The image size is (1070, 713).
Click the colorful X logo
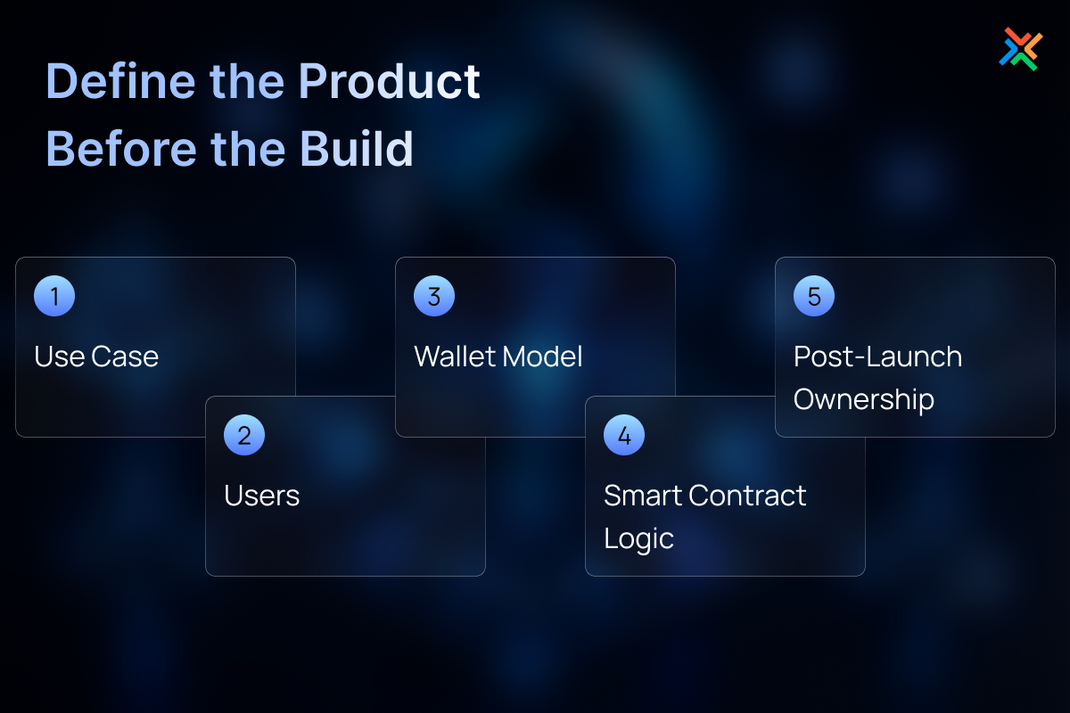coord(1021,49)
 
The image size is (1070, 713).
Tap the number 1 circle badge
coord(54,296)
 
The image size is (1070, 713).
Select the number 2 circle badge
coord(244,435)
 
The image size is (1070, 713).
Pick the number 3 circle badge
coord(434,296)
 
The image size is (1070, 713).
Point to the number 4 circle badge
coord(624,435)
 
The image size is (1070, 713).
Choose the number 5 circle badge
coord(814,296)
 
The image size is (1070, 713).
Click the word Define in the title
coord(121,81)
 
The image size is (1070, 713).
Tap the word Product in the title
coord(390,81)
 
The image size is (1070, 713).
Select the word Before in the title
coord(121,149)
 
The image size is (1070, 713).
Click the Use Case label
coord(96,356)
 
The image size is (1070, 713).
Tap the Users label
coord(262,496)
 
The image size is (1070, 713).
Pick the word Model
coord(542,356)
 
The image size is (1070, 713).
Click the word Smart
coord(642,496)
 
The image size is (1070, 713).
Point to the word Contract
coord(747,496)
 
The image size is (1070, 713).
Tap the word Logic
coord(638,538)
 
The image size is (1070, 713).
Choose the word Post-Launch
coord(877,356)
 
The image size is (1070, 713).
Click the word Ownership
coord(864,399)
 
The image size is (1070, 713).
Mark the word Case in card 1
coord(125,356)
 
